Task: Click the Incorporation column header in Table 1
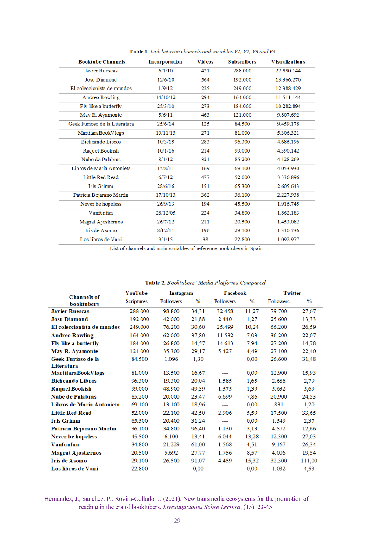(x=165, y=62)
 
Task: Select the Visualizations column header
(x=288, y=62)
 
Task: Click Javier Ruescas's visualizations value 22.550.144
(x=288, y=71)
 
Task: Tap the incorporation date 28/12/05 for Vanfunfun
(x=166, y=213)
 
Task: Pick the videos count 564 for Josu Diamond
(x=205, y=80)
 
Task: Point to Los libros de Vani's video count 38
(x=205, y=239)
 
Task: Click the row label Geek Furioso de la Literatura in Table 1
(x=101, y=124)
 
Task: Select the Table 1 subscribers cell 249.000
(x=242, y=88)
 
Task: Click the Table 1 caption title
(x=202, y=51)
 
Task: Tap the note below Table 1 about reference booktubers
(x=186, y=248)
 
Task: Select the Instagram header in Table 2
(x=181, y=293)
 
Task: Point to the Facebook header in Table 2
(x=235, y=293)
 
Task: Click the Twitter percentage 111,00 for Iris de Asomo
(x=309, y=461)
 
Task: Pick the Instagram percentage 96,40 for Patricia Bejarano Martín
(x=198, y=429)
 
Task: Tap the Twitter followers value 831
(x=279, y=405)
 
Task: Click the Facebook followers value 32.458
(x=225, y=311)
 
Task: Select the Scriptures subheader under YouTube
(x=136, y=301)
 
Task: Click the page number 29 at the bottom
(x=177, y=521)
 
